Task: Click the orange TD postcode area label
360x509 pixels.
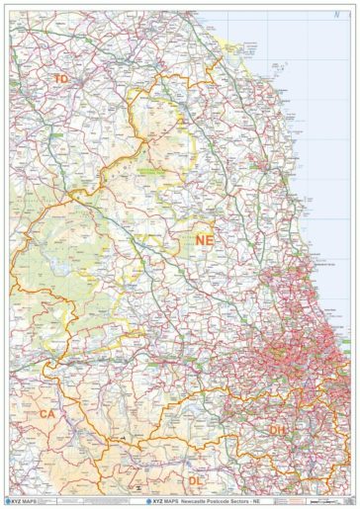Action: pos(61,77)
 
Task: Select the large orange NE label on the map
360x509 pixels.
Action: pos(204,239)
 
